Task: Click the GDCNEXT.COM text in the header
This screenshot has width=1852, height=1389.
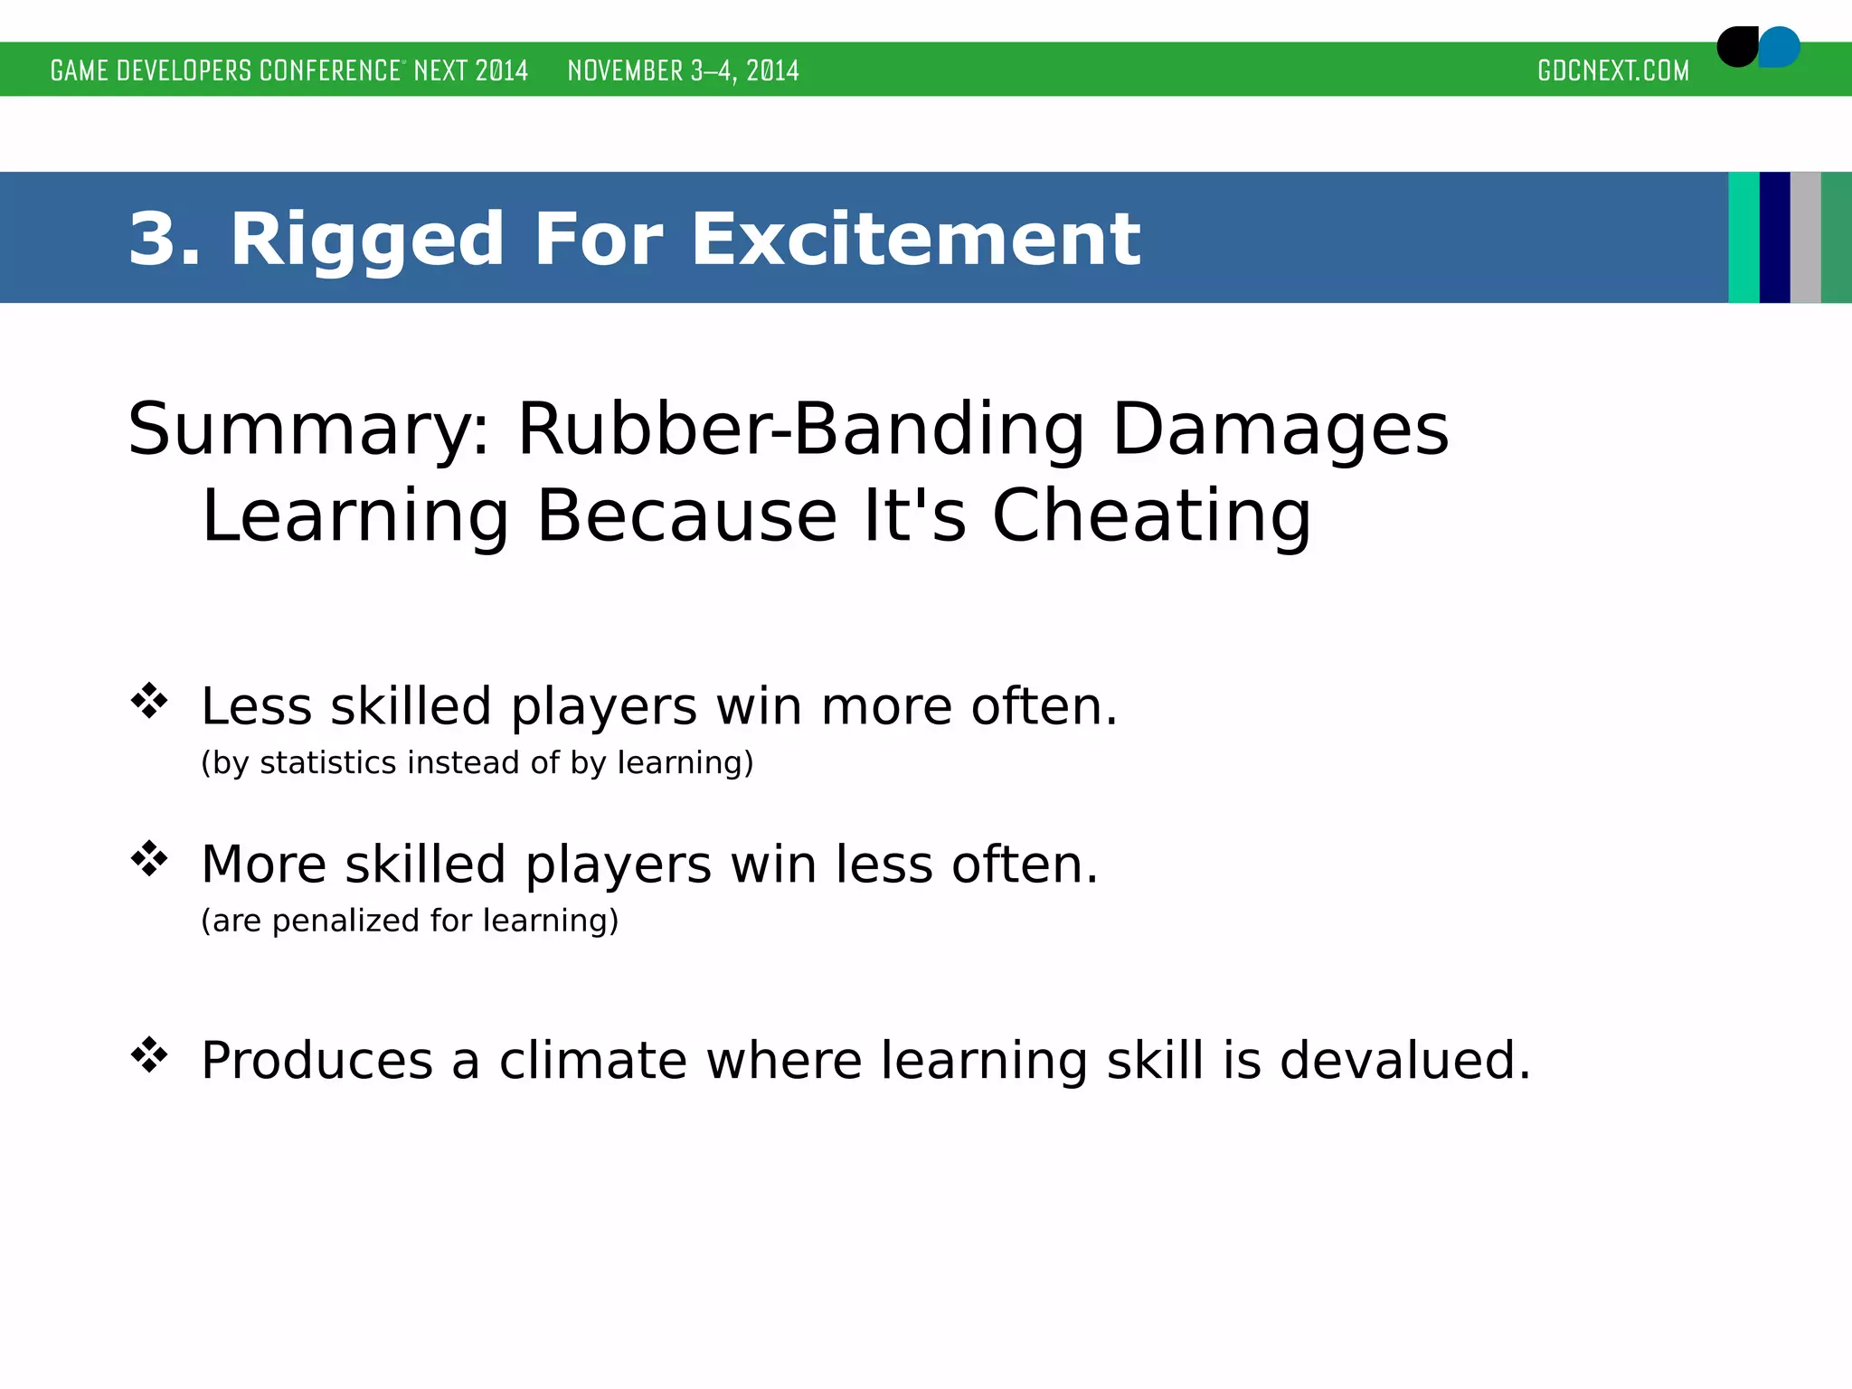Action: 1612,71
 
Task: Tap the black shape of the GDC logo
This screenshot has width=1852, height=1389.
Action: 1736,47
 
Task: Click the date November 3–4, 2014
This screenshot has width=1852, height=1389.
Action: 683,71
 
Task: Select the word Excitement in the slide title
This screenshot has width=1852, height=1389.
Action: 915,239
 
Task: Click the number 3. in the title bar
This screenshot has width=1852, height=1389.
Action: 164,239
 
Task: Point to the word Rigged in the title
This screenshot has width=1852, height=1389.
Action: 366,239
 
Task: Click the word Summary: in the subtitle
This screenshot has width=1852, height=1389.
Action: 308,430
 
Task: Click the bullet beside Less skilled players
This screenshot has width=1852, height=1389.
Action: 149,701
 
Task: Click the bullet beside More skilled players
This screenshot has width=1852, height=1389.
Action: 149,859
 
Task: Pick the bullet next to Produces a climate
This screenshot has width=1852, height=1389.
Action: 149,1054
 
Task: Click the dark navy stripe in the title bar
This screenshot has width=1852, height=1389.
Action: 1774,237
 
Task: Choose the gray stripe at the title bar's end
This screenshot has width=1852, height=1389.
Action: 1805,237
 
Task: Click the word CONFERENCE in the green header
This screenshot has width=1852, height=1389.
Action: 329,71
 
